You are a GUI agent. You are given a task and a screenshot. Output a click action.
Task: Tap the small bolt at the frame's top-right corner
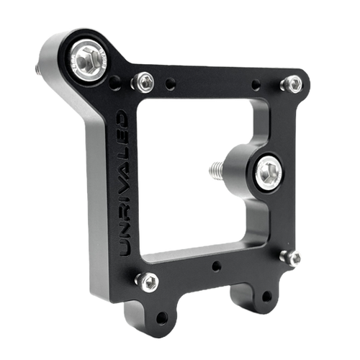click(292, 84)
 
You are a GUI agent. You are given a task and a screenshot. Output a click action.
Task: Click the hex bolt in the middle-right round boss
click(268, 171)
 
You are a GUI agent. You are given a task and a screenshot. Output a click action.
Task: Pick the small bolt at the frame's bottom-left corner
click(148, 281)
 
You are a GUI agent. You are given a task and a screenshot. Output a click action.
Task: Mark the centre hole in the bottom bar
click(216, 267)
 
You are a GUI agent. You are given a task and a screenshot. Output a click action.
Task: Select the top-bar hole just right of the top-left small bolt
click(170, 84)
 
